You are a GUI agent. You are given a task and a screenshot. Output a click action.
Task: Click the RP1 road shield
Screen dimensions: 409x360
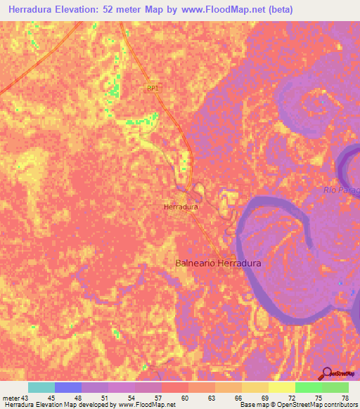(x=153, y=88)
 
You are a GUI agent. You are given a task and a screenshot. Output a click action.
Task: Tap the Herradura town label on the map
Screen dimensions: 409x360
(x=181, y=207)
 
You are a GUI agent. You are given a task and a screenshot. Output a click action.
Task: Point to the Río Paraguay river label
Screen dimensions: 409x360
(x=342, y=190)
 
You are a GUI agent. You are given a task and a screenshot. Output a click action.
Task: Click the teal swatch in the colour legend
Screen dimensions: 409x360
(x=41, y=387)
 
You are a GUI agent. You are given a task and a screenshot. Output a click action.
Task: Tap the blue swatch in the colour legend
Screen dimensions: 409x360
(x=67, y=387)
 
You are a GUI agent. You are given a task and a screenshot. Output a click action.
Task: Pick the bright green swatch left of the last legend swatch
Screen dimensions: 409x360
(x=308, y=387)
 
